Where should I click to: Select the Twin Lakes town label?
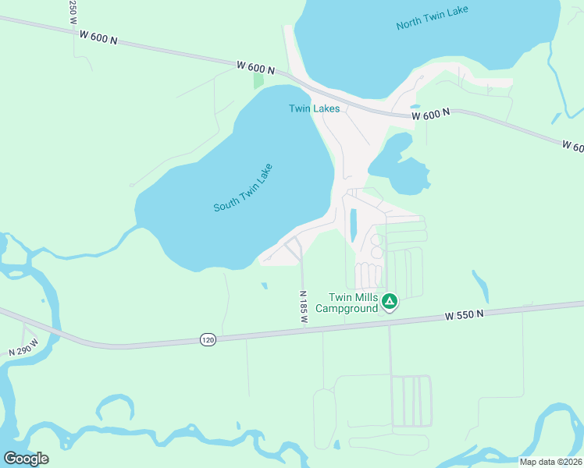pyautogui.click(x=314, y=108)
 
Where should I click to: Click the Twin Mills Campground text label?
pyautogui.click(x=353, y=303)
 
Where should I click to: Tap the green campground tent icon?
pyautogui.click(x=390, y=300)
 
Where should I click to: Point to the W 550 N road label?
pyautogui.click(x=465, y=315)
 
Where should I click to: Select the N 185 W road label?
pyautogui.click(x=304, y=307)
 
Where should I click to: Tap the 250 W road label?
pyautogui.click(x=73, y=10)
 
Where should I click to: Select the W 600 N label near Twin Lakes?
pyautogui.click(x=255, y=69)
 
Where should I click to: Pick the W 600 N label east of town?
pyautogui.click(x=431, y=115)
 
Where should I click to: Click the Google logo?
pyautogui.click(x=26, y=458)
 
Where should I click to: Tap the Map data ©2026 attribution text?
pyautogui.click(x=550, y=462)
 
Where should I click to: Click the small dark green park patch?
pyautogui.click(x=258, y=81)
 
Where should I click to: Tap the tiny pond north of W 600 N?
pyautogui.click(x=414, y=107)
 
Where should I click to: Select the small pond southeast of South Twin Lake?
pyautogui.click(x=264, y=285)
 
